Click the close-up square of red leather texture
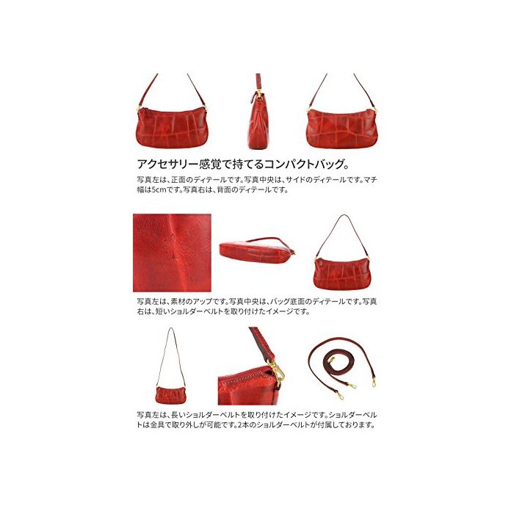(172, 253)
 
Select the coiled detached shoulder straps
(342, 367)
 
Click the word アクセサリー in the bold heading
(161, 164)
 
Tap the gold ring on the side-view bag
(259, 95)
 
